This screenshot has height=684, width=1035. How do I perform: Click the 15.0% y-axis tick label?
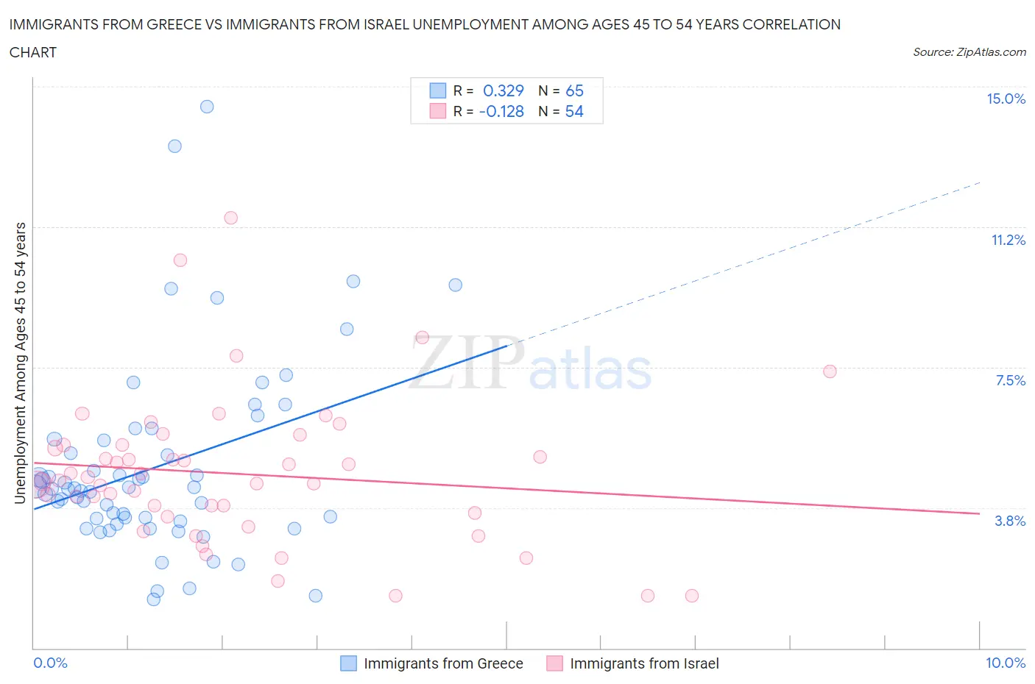pyautogui.click(x=1006, y=99)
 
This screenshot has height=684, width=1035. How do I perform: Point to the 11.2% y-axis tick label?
pyautogui.click(x=1008, y=240)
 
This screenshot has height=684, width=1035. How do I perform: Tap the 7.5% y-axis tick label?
pyautogui.click(x=1010, y=380)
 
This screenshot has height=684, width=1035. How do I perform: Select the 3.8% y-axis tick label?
pyautogui.click(x=1010, y=521)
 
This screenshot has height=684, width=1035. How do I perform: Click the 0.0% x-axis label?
pyautogui.click(x=50, y=663)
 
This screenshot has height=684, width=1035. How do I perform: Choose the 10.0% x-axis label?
pyautogui.click(x=1006, y=663)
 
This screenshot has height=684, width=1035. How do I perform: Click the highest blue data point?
pyautogui.click(x=207, y=107)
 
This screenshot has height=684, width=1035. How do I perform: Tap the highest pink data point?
pyautogui.click(x=230, y=218)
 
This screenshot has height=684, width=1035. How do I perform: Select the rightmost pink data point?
pyautogui.click(x=830, y=371)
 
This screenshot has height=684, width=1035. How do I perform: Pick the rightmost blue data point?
pyautogui.click(x=456, y=285)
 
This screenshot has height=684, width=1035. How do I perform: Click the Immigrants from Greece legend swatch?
pyautogui.click(x=348, y=663)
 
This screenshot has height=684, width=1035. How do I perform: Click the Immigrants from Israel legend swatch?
pyautogui.click(x=554, y=663)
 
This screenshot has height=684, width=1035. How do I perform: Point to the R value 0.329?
pyautogui.click(x=504, y=90)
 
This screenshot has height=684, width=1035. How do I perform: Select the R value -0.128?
pyautogui.click(x=501, y=111)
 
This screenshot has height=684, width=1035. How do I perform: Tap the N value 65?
pyautogui.click(x=574, y=90)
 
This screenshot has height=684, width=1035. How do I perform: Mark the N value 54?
pyautogui.click(x=574, y=111)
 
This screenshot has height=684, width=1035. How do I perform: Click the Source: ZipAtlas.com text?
pyautogui.click(x=969, y=52)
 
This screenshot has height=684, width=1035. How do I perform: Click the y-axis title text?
pyautogui.click(x=20, y=363)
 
